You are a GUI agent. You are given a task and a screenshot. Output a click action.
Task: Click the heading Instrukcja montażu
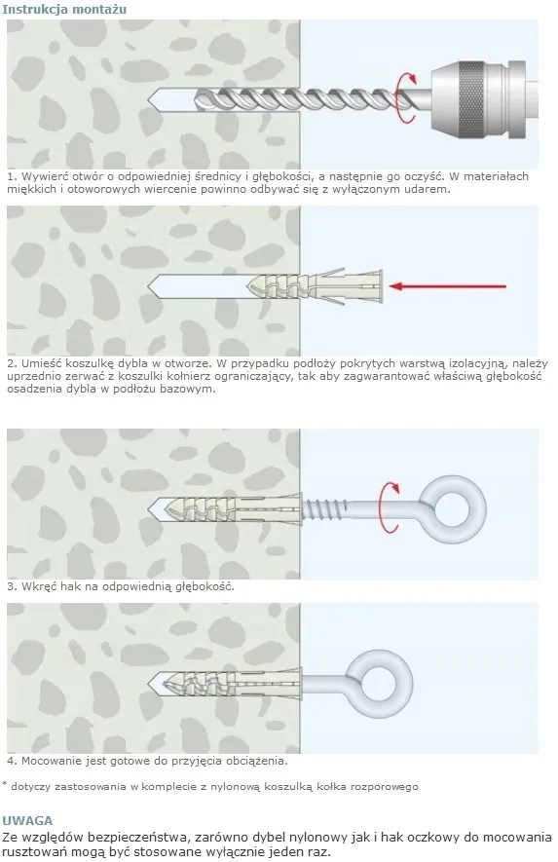64,10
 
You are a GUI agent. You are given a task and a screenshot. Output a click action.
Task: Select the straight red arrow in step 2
448,285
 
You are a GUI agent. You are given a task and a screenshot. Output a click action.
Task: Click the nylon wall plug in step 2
315,286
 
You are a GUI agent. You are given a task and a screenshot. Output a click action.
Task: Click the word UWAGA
27,821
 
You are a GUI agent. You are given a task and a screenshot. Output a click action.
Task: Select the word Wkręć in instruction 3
39,586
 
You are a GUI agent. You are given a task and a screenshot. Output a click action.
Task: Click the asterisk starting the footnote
5,784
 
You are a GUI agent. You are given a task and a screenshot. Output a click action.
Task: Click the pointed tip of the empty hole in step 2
148,285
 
